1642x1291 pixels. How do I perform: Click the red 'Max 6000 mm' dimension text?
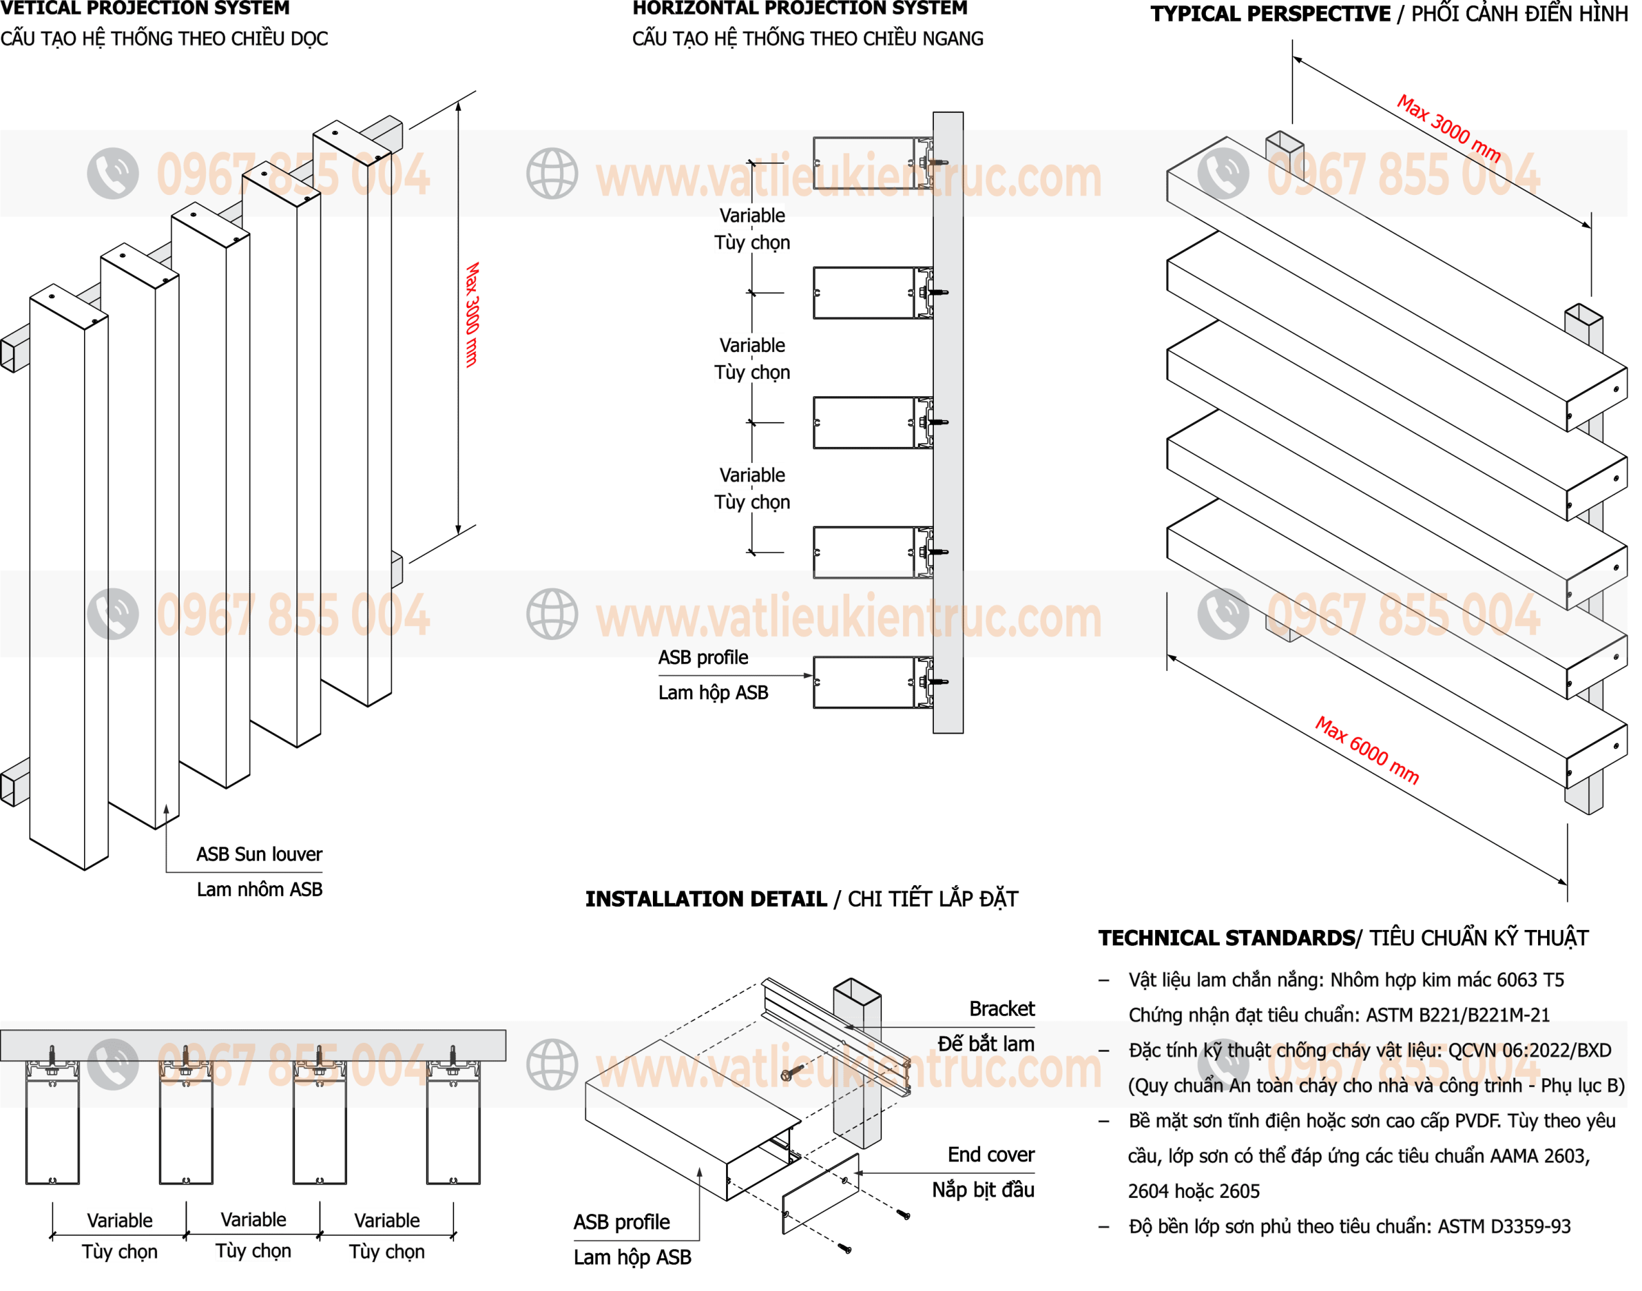1367,750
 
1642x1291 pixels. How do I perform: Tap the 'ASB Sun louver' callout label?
259,854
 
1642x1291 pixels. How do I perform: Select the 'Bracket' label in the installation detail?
1002,1008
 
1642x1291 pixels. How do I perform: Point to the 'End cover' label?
991,1154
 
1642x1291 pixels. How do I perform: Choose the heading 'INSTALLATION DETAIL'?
706,899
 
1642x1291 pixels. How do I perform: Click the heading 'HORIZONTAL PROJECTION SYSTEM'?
800,8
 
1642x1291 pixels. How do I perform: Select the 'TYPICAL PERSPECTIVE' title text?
1270,13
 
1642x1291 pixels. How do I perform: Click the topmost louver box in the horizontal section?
873,164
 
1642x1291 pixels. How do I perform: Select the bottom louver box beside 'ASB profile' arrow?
873,682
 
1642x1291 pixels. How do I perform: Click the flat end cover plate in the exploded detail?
820,1194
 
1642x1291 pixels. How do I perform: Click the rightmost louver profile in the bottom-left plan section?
453,1122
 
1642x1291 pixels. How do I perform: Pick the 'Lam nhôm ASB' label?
259,889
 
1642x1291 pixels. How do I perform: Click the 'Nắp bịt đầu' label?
983,1190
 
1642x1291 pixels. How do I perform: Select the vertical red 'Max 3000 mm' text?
471,314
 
